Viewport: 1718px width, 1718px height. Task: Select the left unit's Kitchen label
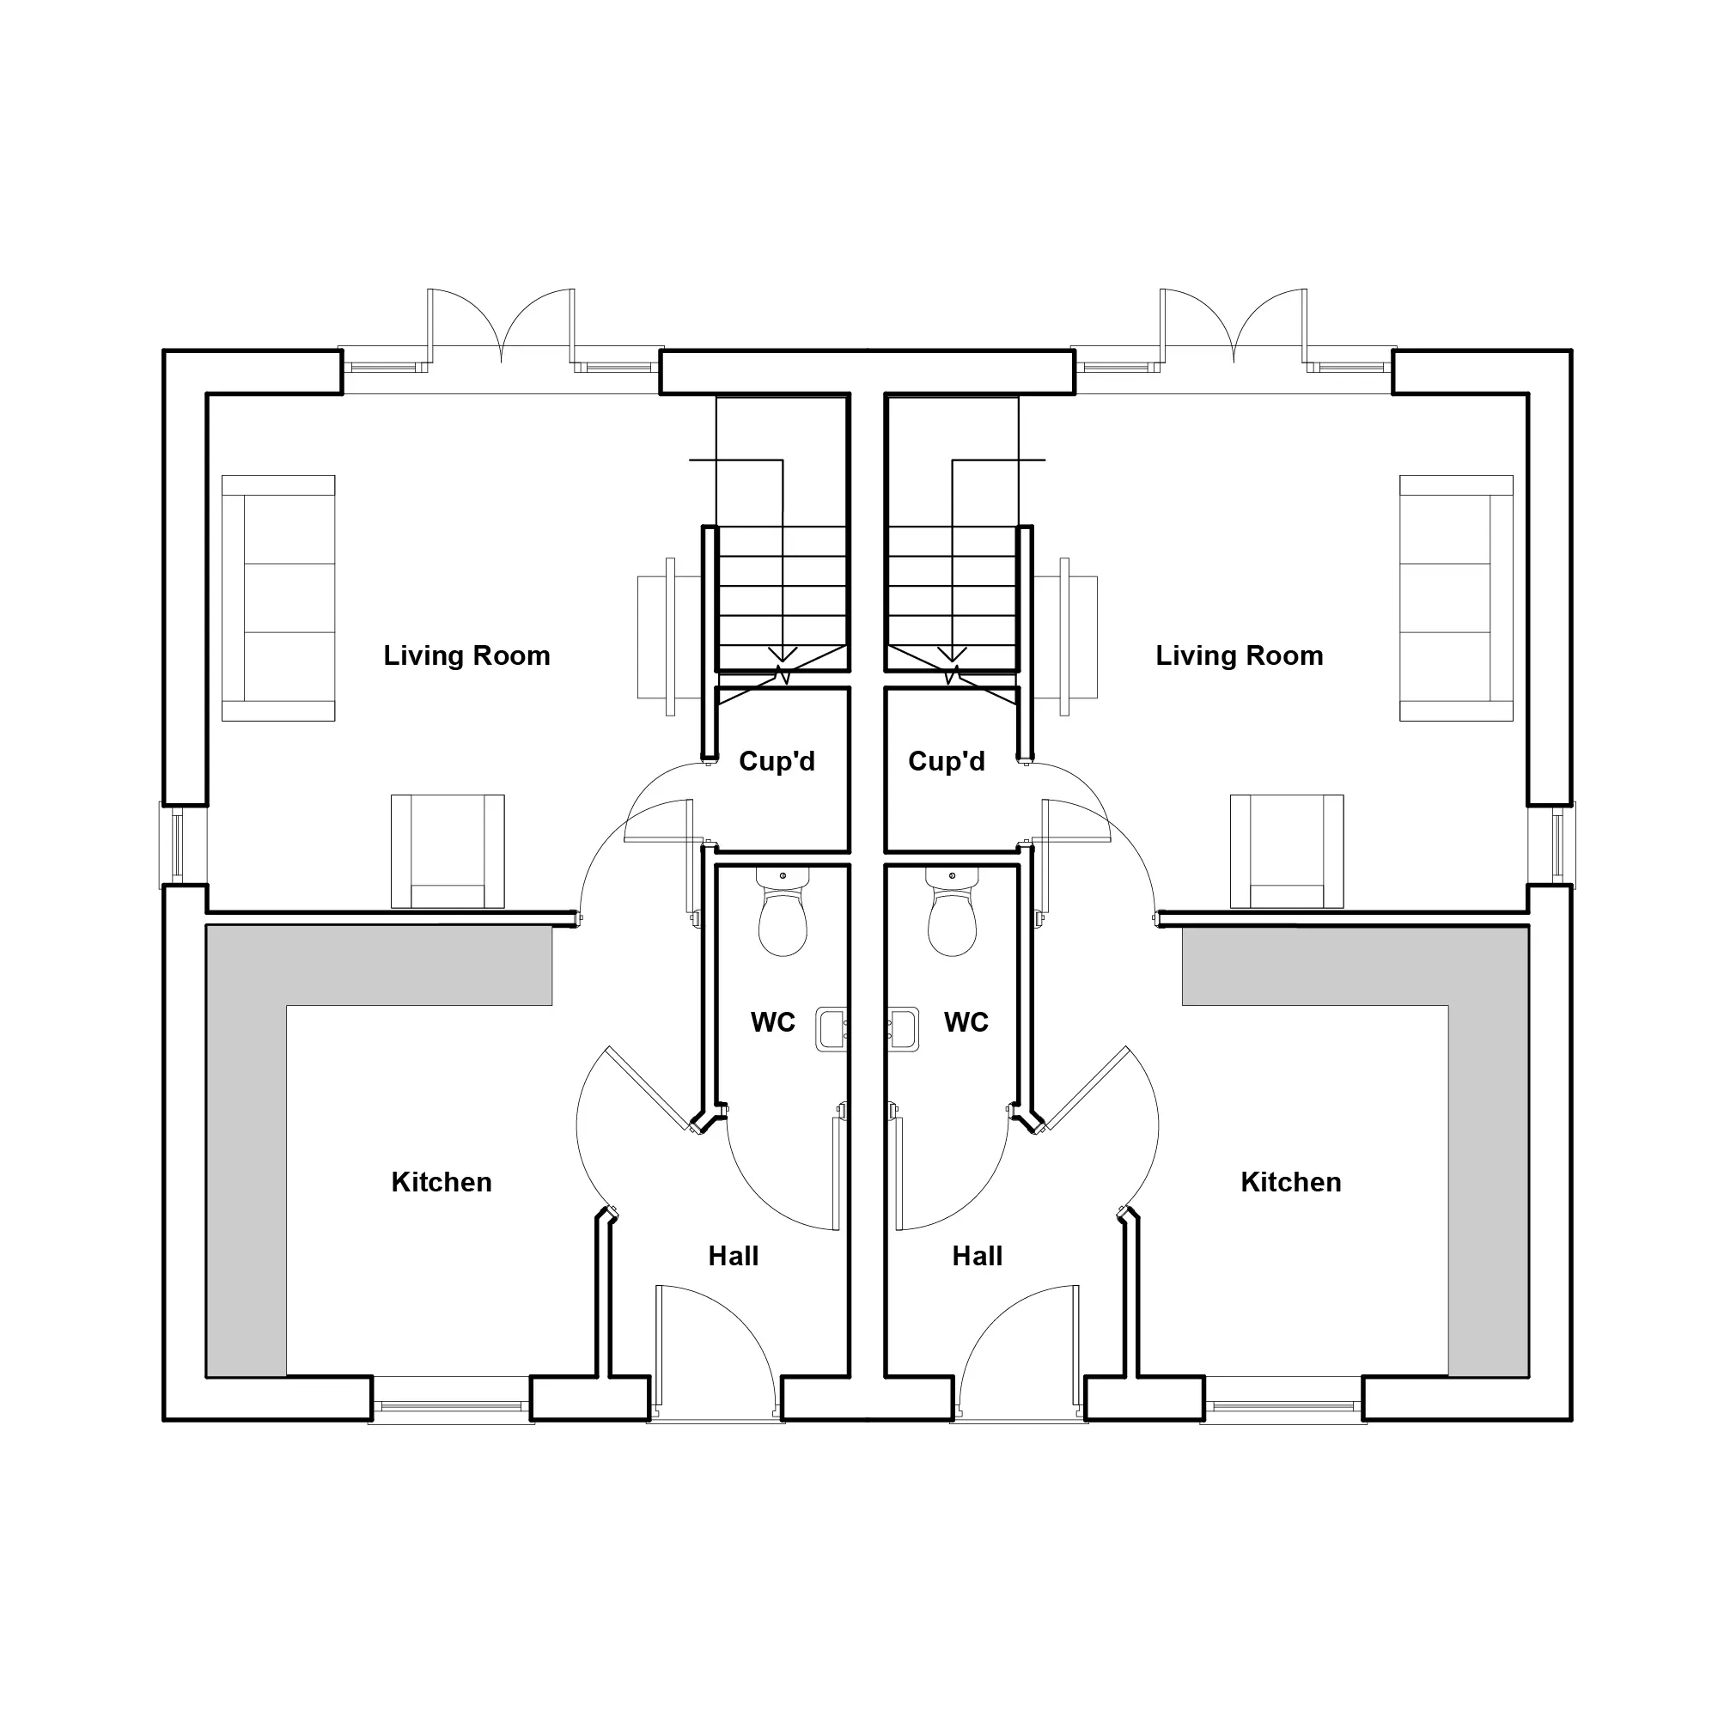pyautogui.click(x=441, y=1183)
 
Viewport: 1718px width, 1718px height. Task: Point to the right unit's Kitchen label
pyautogui.click(x=1291, y=1183)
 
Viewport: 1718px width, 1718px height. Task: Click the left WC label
pyautogui.click(x=773, y=1022)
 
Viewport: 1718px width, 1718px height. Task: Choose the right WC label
pyautogui.click(x=966, y=1022)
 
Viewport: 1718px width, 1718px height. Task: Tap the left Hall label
pyautogui.click(x=734, y=1257)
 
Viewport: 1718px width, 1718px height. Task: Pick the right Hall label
pyautogui.click(x=978, y=1257)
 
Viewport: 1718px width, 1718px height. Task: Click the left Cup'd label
pyautogui.click(x=777, y=762)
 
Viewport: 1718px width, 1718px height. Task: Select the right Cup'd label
pyautogui.click(x=946, y=762)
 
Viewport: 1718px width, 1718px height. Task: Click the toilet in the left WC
pyautogui.click(x=783, y=911)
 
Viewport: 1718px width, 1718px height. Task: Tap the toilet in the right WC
pyautogui.click(x=952, y=911)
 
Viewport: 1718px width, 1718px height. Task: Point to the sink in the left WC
pyautogui.click(x=832, y=1030)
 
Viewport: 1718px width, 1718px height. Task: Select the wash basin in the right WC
pyautogui.click(x=903, y=1030)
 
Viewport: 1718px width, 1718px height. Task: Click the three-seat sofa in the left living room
pyautogui.click(x=278, y=598)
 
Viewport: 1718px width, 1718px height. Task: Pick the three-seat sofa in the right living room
pyautogui.click(x=1456, y=598)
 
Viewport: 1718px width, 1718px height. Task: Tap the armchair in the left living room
pyautogui.click(x=448, y=851)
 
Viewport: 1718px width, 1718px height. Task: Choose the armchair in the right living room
pyautogui.click(x=1287, y=851)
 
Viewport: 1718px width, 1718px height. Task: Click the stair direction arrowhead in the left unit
pyautogui.click(x=783, y=655)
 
